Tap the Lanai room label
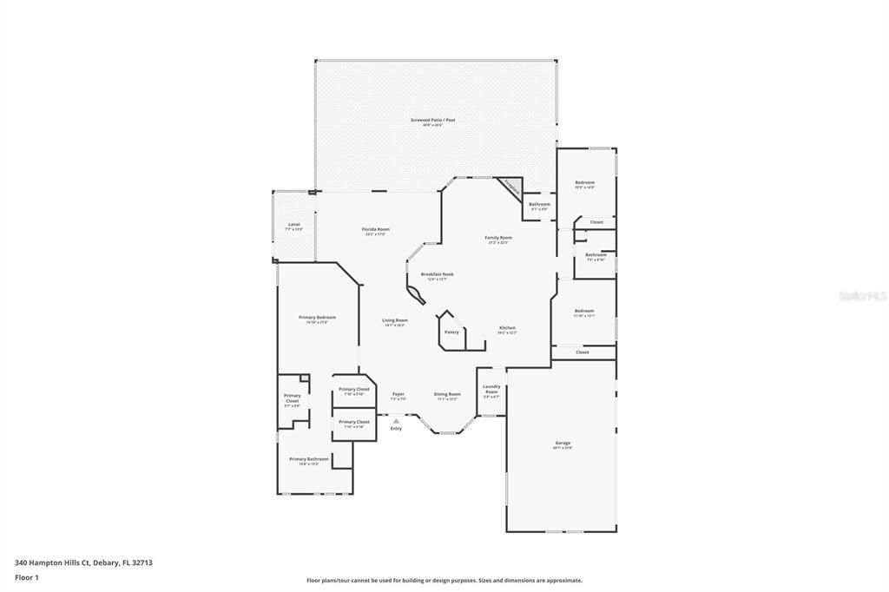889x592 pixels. tap(293, 225)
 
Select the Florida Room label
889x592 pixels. tap(376, 229)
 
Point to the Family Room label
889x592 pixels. tap(498, 238)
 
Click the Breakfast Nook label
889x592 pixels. tap(437, 274)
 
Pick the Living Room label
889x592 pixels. tap(395, 320)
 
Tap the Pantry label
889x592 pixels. tap(451, 332)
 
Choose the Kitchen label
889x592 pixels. tap(508, 328)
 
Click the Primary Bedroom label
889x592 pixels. tap(317, 318)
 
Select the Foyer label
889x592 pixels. tap(398, 394)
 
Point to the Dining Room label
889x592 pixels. tap(447, 394)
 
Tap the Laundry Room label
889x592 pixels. tap(491, 389)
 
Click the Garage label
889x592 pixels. tap(563, 443)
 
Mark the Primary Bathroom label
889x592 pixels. tap(309, 459)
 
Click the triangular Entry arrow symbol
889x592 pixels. tap(396, 421)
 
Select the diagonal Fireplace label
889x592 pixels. tap(511, 187)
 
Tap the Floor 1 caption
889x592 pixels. tap(26, 577)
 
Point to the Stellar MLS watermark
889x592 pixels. tap(861, 296)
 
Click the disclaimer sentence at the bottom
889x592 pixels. tap(444, 581)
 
